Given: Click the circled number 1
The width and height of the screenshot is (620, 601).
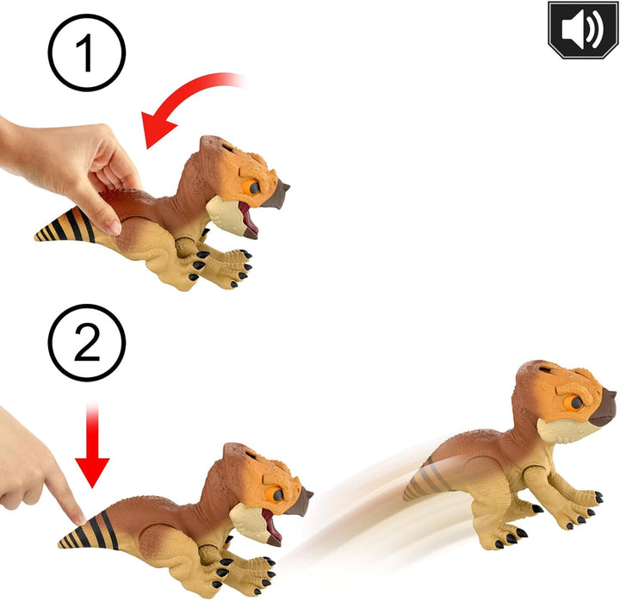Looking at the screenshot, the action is click(87, 53).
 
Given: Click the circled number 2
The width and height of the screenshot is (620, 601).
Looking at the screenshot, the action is click(87, 343).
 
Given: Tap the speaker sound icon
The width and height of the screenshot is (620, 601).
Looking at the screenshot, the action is click(583, 29).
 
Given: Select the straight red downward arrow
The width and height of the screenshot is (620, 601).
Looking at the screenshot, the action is click(92, 445).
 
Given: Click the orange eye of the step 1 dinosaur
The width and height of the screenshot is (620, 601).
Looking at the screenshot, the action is click(252, 187).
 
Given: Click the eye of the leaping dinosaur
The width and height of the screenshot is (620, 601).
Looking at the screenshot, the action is click(575, 403).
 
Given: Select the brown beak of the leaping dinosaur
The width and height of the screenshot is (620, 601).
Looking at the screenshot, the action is click(603, 407).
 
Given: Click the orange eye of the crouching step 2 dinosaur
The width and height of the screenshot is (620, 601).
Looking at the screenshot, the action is click(276, 494).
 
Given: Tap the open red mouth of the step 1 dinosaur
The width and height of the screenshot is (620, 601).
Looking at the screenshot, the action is click(248, 219).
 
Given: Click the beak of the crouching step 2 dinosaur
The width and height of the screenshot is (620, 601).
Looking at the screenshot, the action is click(301, 502).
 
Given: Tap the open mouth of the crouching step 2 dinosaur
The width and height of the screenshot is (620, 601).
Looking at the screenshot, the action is click(272, 525).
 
